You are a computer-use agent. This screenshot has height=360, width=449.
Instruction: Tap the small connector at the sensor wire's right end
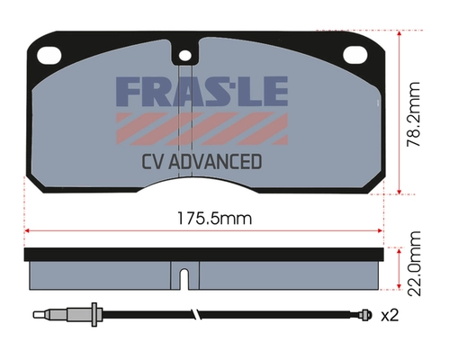click(x=364, y=315)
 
